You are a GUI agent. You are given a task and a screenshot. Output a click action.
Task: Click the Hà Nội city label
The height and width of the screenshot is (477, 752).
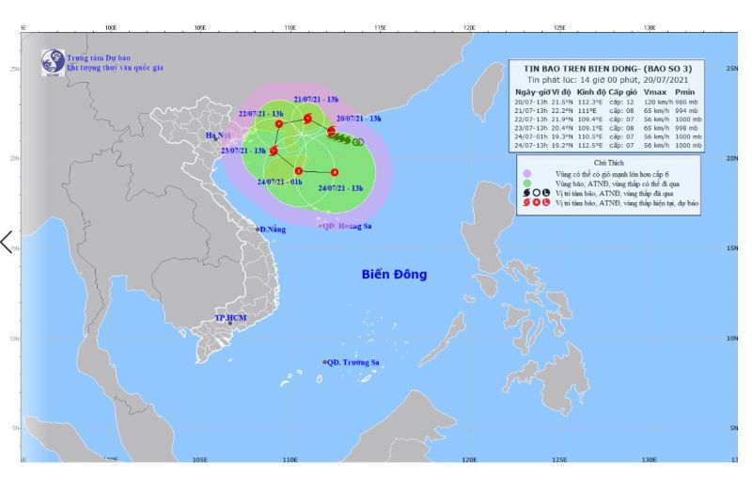click(217, 136)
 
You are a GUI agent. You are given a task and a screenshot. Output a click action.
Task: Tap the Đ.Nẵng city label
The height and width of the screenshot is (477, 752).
click(273, 230)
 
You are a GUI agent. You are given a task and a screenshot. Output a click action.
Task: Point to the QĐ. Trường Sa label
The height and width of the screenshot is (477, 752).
click(352, 362)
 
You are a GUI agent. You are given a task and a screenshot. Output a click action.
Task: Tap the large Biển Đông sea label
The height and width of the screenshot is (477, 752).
click(394, 275)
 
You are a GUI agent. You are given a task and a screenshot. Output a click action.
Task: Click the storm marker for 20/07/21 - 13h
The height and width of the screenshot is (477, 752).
click(331, 131)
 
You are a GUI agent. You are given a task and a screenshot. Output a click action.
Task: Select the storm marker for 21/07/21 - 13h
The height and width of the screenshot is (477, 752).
click(308, 118)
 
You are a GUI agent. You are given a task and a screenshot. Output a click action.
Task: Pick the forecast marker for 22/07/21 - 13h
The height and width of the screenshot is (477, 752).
click(279, 124)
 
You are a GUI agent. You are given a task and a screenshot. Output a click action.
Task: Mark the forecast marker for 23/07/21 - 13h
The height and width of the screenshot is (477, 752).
click(274, 151)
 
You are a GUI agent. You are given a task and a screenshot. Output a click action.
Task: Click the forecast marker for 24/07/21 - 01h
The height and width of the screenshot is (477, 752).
click(298, 170)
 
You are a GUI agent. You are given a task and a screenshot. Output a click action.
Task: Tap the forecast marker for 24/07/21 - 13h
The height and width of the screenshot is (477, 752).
click(335, 172)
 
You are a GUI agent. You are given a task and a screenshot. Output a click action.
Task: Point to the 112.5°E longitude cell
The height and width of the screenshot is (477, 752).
click(590, 145)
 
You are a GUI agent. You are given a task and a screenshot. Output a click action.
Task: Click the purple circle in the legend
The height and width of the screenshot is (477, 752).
click(528, 173)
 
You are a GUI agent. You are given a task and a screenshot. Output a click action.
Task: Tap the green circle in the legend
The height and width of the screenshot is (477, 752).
click(528, 183)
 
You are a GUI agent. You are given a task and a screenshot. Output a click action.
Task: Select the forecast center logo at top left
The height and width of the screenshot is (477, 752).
click(51, 61)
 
